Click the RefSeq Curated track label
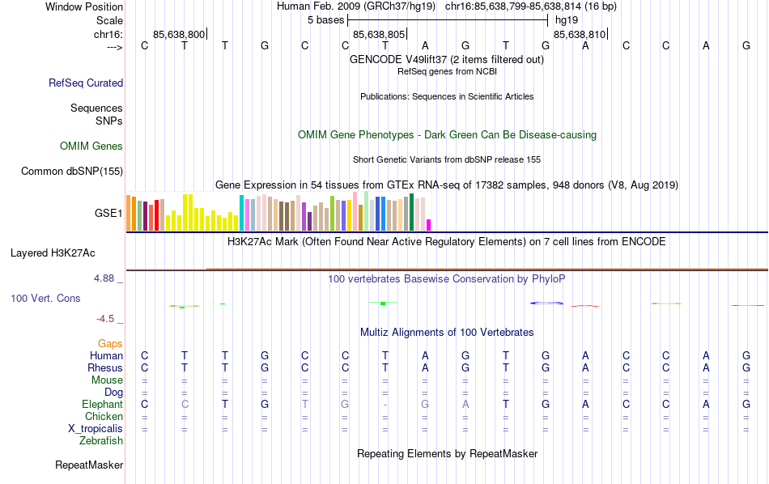click(x=86, y=83)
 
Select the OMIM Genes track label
click(x=91, y=146)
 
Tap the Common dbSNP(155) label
click(x=72, y=171)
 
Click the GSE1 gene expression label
click(x=108, y=214)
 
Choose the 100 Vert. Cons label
click(x=45, y=299)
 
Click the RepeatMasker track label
click(x=89, y=465)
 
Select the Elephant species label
click(x=102, y=405)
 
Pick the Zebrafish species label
click(x=101, y=441)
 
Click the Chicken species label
click(x=104, y=417)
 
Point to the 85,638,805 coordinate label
click(x=378, y=35)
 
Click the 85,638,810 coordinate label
click(x=579, y=35)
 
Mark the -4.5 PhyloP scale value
click(x=108, y=319)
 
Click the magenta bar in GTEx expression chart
click(x=429, y=225)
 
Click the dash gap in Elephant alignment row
click(x=386, y=405)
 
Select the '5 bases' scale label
click(x=326, y=19)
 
